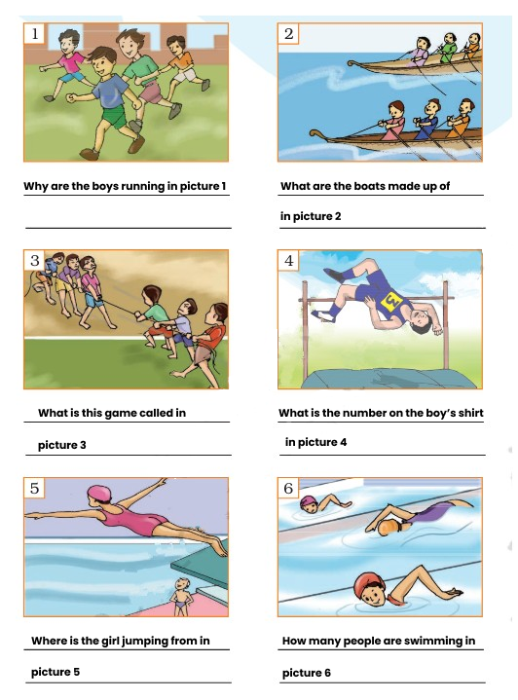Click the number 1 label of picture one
click(34, 33)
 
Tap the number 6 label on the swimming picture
click(288, 488)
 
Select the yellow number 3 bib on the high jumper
click(390, 301)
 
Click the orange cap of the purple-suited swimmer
click(386, 528)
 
